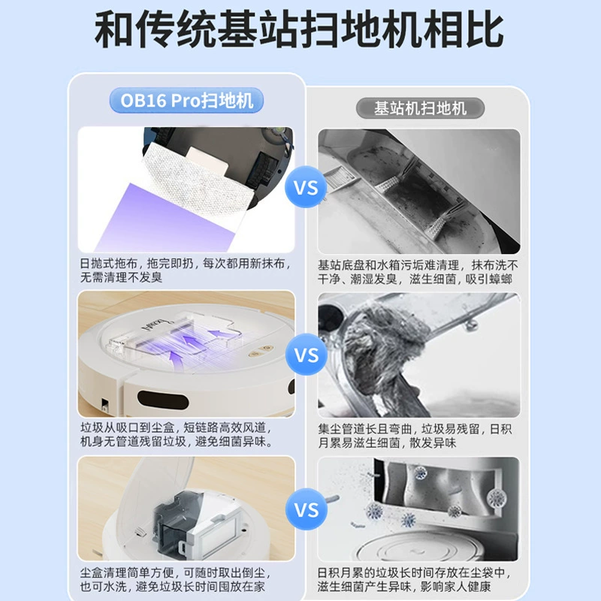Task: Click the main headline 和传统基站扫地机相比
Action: click(299, 29)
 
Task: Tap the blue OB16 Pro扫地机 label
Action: click(186, 101)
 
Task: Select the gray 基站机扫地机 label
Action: click(420, 108)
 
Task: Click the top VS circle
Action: click(306, 188)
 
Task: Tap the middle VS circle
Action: click(307, 355)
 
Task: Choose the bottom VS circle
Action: click(307, 509)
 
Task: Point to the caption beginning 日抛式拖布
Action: click(185, 270)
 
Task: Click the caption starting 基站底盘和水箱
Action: click(418, 272)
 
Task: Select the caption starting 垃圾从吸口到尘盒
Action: click(177, 435)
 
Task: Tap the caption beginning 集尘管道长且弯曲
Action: click(415, 436)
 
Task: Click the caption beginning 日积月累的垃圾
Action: click(414, 579)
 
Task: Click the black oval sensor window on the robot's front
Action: click(163, 400)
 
